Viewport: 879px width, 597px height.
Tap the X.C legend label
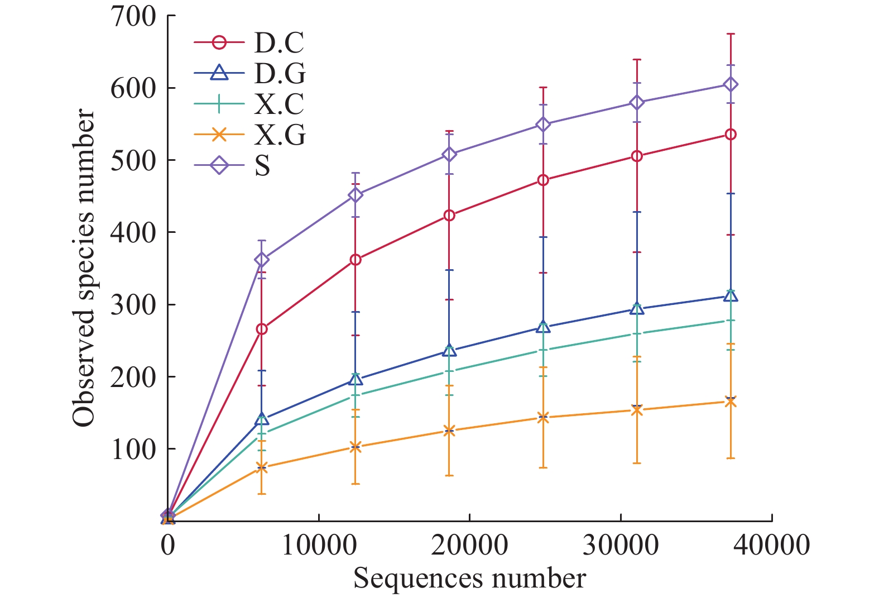click(280, 104)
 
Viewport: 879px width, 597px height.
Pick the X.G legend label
click(280, 135)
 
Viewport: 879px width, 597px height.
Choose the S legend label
click(262, 166)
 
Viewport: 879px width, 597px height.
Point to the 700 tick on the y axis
click(133, 16)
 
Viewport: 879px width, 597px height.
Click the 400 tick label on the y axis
click(133, 232)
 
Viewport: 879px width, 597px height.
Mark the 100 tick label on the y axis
click(133, 449)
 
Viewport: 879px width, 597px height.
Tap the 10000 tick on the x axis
click(319, 545)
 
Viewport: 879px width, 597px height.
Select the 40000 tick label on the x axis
click(772, 545)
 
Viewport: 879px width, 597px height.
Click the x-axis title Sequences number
click(469, 579)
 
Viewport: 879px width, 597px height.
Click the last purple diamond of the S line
click(731, 85)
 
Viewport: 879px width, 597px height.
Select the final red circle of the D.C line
click(731, 135)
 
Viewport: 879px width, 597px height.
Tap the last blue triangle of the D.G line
click(731, 296)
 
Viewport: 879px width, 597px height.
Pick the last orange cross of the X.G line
click(731, 402)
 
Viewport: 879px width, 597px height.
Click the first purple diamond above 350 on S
click(262, 260)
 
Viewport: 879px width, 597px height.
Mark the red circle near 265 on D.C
click(262, 329)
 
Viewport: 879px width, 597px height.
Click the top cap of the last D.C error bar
click(731, 34)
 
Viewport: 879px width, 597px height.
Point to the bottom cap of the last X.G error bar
click(731, 459)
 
